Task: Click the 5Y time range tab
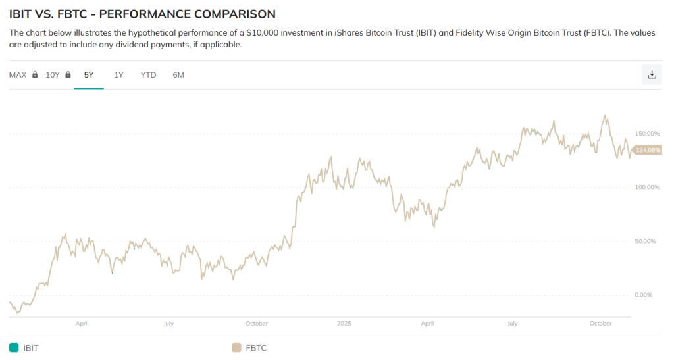coord(89,75)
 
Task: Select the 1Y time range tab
coord(118,75)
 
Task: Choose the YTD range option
coord(148,75)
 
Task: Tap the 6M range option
coord(178,75)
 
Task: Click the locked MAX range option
coord(23,75)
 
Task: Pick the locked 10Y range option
coord(58,75)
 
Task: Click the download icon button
coord(652,74)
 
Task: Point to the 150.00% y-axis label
coord(646,134)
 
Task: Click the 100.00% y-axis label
coord(646,188)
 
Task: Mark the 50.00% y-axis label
coord(646,242)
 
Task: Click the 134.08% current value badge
coord(648,151)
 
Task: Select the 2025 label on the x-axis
coord(344,324)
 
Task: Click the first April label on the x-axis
coord(82,324)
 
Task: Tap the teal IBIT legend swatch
coord(14,347)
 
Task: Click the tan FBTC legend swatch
coord(236,347)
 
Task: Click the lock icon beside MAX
coord(35,75)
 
